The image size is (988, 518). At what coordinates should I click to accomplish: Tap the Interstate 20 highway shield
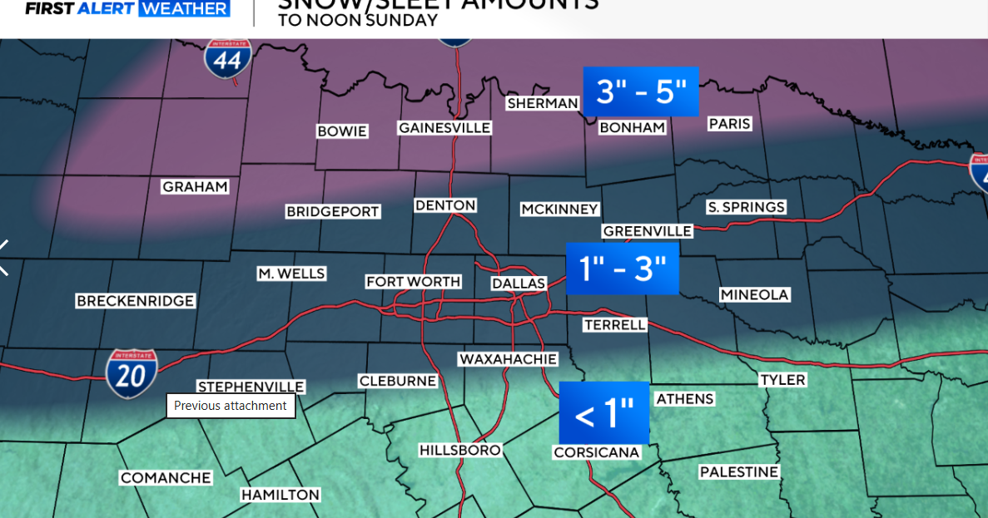coord(132,373)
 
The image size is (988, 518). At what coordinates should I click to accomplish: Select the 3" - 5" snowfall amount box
coord(640,91)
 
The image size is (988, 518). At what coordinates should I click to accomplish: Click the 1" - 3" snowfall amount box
coord(622,269)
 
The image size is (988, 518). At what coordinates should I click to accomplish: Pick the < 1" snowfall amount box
coord(603,413)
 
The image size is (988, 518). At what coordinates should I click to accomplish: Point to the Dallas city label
coord(518,284)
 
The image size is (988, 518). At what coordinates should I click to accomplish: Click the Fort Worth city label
coord(414,282)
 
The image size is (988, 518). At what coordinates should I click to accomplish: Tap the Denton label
coord(445,205)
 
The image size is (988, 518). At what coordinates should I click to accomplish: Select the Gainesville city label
coord(444,128)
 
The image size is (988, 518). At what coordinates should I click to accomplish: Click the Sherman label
coord(543,103)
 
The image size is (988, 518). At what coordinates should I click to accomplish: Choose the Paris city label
coord(729,124)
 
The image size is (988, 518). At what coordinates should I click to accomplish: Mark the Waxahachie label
coord(507,359)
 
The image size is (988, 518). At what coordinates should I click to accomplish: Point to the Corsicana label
coord(596,452)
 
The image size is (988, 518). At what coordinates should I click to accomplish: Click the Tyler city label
coord(782,380)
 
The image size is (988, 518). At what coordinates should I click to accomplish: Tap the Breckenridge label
coord(135,301)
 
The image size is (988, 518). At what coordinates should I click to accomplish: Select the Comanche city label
coord(166,478)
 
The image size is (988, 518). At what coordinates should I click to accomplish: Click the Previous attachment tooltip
coord(231,406)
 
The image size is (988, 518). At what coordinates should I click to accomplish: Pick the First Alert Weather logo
coord(127,9)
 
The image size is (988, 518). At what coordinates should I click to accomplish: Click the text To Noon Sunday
coord(358,20)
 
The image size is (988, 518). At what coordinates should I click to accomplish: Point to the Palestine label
coord(738,472)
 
